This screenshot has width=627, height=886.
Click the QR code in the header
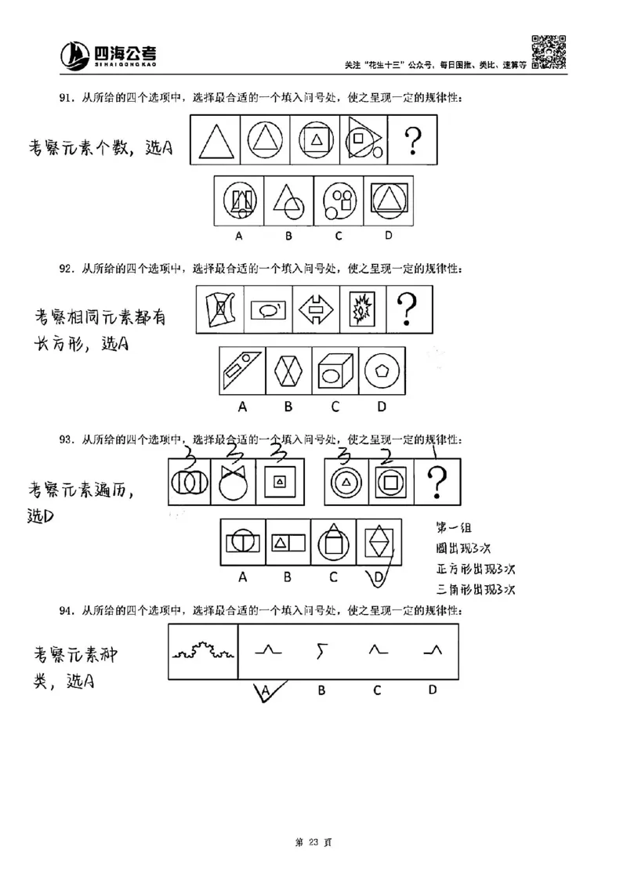pyautogui.click(x=549, y=51)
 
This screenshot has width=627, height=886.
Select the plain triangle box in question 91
pyautogui.click(x=215, y=143)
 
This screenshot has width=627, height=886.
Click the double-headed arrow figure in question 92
pyautogui.click(x=316, y=309)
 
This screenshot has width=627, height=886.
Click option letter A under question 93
pyautogui.click(x=243, y=577)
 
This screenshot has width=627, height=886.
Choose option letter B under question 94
pyautogui.click(x=321, y=690)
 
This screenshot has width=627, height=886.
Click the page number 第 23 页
pyautogui.click(x=313, y=842)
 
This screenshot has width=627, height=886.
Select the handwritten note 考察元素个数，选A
pyautogui.click(x=100, y=146)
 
